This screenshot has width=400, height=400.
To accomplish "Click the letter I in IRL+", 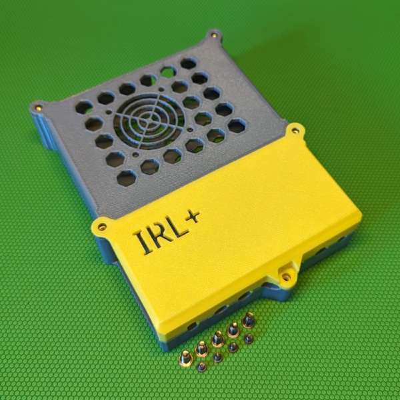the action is pos(143,242).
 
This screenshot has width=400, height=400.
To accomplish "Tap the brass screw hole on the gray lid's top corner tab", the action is pos(214,35).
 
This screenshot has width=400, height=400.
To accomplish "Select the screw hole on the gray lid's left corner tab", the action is pos(39,107).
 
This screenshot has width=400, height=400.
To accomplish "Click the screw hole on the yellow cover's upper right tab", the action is pos(295,131).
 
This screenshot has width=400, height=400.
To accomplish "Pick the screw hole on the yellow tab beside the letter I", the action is pos(102,227).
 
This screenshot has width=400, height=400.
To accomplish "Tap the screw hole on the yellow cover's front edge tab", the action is pos(286,276).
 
